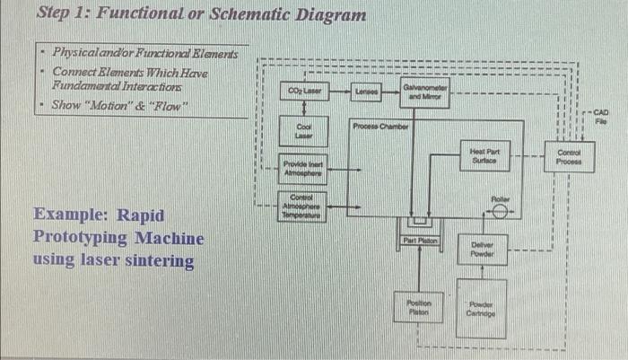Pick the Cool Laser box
pyautogui.click(x=303, y=132)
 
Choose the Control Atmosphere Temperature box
pyautogui.click(x=303, y=207)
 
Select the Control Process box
pyautogui.click(x=568, y=158)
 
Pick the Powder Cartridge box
pyautogui.click(x=482, y=308)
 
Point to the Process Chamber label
pyautogui.click(x=380, y=127)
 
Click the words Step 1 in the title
pyautogui.click(x=65, y=14)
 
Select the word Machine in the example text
pyautogui.click(x=170, y=238)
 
